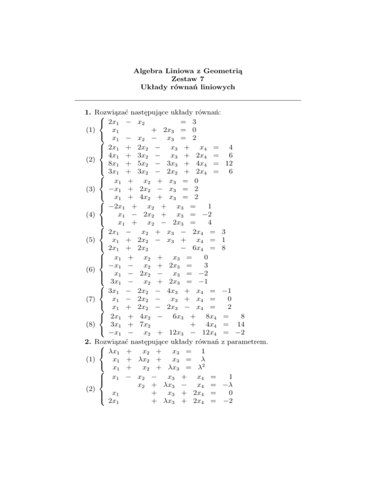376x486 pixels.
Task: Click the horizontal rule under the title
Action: tap(188, 100)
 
